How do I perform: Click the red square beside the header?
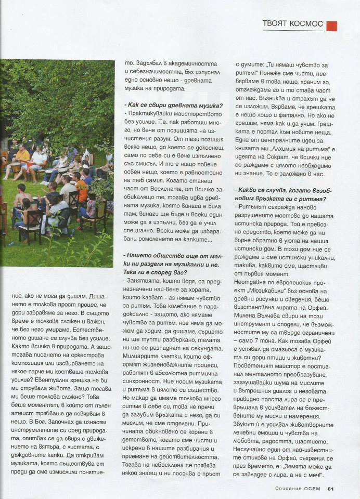coord(332,25)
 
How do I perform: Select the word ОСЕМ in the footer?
coord(312,488)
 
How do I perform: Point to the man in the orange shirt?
coord(81,189)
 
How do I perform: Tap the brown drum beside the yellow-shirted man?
coord(15,167)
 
